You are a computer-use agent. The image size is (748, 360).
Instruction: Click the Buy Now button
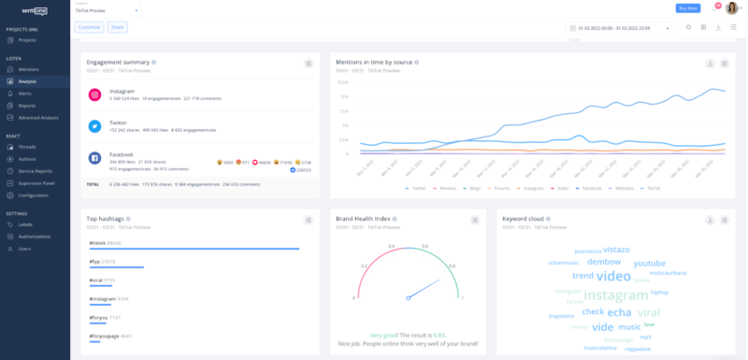(687, 7)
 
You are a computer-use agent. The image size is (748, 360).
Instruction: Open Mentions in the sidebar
(28, 70)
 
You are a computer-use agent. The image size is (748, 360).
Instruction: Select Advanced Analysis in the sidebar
(37, 118)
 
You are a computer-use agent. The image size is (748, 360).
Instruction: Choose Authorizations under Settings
(35, 237)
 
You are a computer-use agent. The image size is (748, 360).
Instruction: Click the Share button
(117, 28)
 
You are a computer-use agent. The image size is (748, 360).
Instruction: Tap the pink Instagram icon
(94, 94)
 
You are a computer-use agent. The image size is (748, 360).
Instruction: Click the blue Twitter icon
(94, 126)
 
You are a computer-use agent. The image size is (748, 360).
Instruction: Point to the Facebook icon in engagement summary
(94, 159)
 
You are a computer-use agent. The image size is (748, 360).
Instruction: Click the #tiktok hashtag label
(97, 243)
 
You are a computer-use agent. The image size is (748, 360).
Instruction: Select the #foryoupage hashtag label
(104, 335)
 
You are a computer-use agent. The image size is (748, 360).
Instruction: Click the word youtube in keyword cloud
(649, 264)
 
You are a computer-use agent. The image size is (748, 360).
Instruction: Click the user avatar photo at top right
(731, 8)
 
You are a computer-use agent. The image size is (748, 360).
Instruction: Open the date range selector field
(618, 28)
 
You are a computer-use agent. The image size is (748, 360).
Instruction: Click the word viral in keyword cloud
(649, 311)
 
